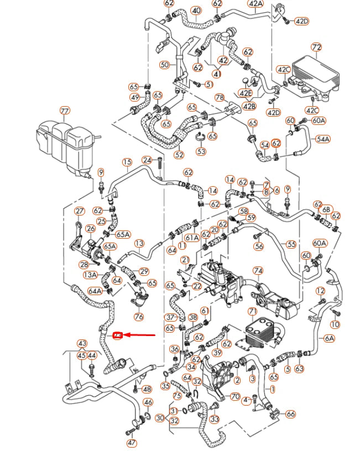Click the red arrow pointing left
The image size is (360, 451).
138,335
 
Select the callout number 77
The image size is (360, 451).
65,111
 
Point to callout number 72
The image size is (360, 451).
316,48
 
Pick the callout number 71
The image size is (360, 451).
253,312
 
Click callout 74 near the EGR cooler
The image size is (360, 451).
258,270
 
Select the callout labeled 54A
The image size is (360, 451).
322,139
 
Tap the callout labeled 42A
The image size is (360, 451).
256,3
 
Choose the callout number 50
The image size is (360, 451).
164,65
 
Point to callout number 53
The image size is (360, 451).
201,151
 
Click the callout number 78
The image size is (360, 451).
220,98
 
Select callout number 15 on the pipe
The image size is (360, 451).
127,162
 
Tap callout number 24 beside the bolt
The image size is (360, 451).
147,160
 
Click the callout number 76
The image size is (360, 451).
138,317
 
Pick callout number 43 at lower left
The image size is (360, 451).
82,344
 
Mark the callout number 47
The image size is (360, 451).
131,443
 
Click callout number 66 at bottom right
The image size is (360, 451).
291,414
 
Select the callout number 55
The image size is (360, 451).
290,243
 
